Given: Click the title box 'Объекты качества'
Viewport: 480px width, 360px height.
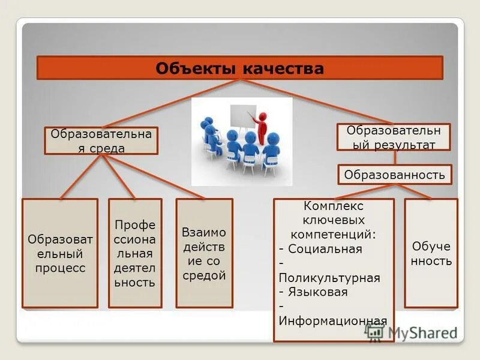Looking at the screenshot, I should [x=240, y=68].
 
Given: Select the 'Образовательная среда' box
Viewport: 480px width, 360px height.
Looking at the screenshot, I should [x=101, y=140].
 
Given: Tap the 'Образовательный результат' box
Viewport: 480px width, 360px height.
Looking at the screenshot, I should [x=394, y=137].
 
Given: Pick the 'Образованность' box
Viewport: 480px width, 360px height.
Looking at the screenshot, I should [x=394, y=175].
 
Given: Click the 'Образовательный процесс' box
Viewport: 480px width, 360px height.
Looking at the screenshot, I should [x=59, y=253].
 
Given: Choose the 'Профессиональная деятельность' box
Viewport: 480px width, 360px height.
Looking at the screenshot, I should [x=134, y=253].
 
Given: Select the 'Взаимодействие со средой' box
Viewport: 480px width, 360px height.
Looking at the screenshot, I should [x=204, y=253].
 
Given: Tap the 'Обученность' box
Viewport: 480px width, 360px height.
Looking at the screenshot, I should [x=431, y=253].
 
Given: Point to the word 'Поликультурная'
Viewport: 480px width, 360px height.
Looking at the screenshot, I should [x=329, y=278].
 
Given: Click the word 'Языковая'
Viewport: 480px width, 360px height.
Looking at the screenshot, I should [x=326, y=292].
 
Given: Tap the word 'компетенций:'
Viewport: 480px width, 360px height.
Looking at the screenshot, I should [x=334, y=233].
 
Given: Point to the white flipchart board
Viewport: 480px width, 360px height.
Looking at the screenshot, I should [x=242, y=116].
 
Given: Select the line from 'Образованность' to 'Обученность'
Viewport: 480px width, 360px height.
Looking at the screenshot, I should [x=413, y=191].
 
